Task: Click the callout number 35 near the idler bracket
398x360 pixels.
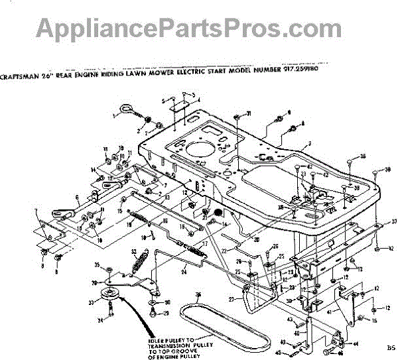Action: pos(98,267)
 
